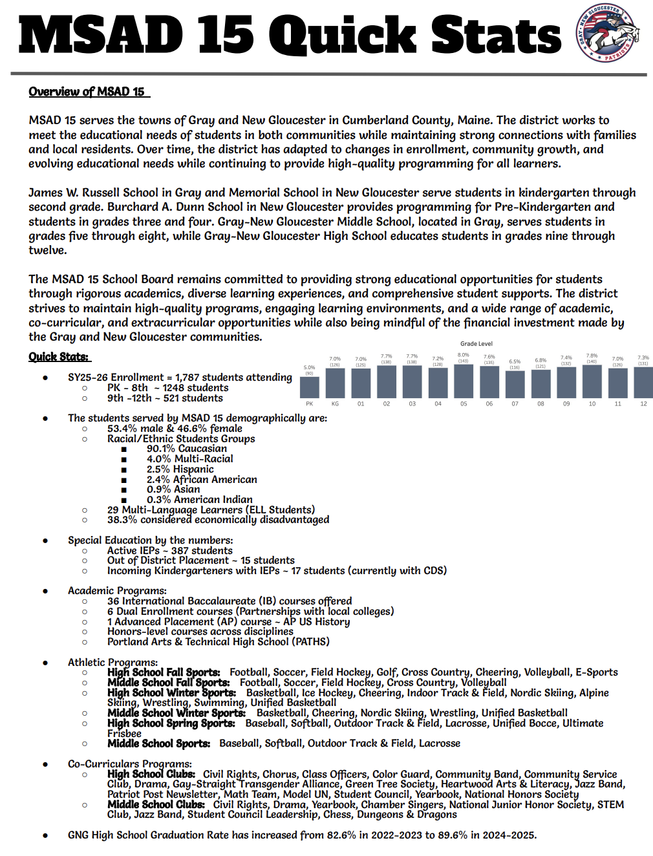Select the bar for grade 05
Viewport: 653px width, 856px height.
click(x=464, y=381)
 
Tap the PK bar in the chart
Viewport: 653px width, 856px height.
click(x=310, y=387)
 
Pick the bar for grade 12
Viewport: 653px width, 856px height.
click(x=643, y=383)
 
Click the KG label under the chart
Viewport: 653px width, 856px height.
click(x=335, y=403)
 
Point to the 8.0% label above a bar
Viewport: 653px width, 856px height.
click(x=464, y=355)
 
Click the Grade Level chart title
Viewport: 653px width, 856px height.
click(x=476, y=344)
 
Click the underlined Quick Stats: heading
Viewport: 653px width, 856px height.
click(x=59, y=357)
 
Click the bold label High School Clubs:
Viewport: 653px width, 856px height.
click(x=151, y=774)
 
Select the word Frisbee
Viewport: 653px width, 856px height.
click(x=124, y=734)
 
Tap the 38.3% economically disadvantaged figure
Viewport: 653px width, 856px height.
click(x=122, y=520)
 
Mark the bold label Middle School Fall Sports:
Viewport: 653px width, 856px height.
click(x=168, y=683)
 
